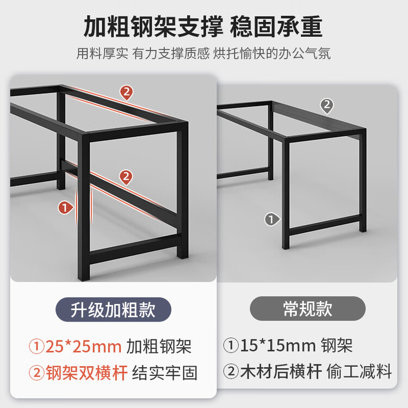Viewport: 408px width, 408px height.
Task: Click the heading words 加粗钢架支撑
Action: (x=153, y=27)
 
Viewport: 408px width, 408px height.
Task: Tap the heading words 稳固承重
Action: (x=276, y=27)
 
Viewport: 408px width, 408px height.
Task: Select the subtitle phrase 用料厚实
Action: (x=102, y=54)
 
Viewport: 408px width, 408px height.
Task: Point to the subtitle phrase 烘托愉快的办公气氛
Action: (x=272, y=54)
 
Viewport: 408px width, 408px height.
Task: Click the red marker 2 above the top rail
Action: (x=126, y=92)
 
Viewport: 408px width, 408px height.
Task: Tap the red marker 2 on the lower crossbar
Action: (x=126, y=177)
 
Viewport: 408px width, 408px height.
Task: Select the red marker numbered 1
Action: (x=65, y=208)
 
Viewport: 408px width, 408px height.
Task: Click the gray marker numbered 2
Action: (x=327, y=106)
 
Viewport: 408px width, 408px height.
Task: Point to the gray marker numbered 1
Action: (x=272, y=219)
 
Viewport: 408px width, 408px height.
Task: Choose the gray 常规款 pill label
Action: (x=307, y=308)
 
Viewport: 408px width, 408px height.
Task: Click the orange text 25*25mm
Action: (x=84, y=347)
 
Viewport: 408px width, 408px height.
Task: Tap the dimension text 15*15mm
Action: (x=278, y=345)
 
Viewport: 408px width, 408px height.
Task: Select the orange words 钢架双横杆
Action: (x=86, y=373)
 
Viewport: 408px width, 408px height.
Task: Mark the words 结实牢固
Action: (x=165, y=373)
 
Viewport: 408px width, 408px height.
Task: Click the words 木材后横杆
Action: (x=281, y=372)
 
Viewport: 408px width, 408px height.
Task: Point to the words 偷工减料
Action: (x=359, y=372)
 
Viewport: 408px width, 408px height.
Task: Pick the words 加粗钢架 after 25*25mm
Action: (x=159, y=347)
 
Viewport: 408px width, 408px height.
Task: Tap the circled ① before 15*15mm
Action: (x=231, y=345)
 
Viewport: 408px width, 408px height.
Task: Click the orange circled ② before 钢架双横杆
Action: (x=36, y=373)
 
